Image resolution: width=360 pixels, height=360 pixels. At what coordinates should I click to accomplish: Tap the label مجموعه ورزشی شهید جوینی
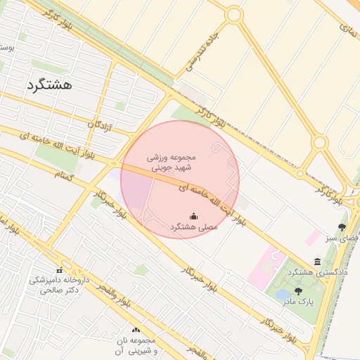(x=180, y=162)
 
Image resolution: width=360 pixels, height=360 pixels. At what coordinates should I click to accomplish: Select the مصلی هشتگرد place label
(x=193, y=227)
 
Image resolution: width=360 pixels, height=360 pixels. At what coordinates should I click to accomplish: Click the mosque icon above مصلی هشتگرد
(x=193, y=215)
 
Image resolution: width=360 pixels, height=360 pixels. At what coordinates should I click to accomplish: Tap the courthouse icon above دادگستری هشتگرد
(x=318, y=262)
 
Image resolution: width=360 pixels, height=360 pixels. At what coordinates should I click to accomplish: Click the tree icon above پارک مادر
(x=298, y=291)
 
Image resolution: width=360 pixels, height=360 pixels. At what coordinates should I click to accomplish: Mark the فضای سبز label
(x=342, y=238)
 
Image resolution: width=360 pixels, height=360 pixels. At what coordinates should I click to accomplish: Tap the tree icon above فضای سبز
(x=342, y=227)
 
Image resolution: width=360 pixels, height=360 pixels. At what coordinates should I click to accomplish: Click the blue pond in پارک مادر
(x=284, y=295)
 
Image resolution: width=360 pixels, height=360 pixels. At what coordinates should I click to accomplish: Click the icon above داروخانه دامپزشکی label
(x=59, y=270)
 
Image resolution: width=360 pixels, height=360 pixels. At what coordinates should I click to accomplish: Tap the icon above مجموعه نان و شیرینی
(x=135, y=329)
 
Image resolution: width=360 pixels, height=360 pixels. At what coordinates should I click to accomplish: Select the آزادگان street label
(x=100, y=129)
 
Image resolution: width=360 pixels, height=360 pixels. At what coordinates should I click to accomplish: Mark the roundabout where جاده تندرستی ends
(x=233, y=14)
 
